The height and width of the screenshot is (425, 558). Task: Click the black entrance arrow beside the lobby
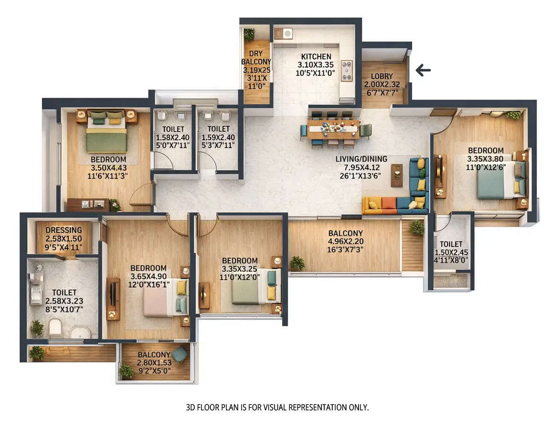(423, 71)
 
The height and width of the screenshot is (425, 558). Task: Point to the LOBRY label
(382, 76)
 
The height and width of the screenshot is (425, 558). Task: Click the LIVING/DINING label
(361, 159)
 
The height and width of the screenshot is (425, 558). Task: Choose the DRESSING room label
(64, 231)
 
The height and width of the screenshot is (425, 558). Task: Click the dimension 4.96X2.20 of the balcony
(346, 241)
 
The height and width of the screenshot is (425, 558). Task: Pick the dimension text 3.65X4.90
(148, 276)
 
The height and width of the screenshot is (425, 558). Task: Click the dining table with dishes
(332, 128)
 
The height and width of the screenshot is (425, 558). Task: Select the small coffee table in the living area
(396, 175)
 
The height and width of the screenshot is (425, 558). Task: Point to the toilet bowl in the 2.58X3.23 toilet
(55, 327)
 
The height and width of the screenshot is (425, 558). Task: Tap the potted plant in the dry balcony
(249, 34)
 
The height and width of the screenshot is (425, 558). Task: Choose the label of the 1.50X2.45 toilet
(450, 244)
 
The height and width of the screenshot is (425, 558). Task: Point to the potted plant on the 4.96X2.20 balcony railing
(297, 263)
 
